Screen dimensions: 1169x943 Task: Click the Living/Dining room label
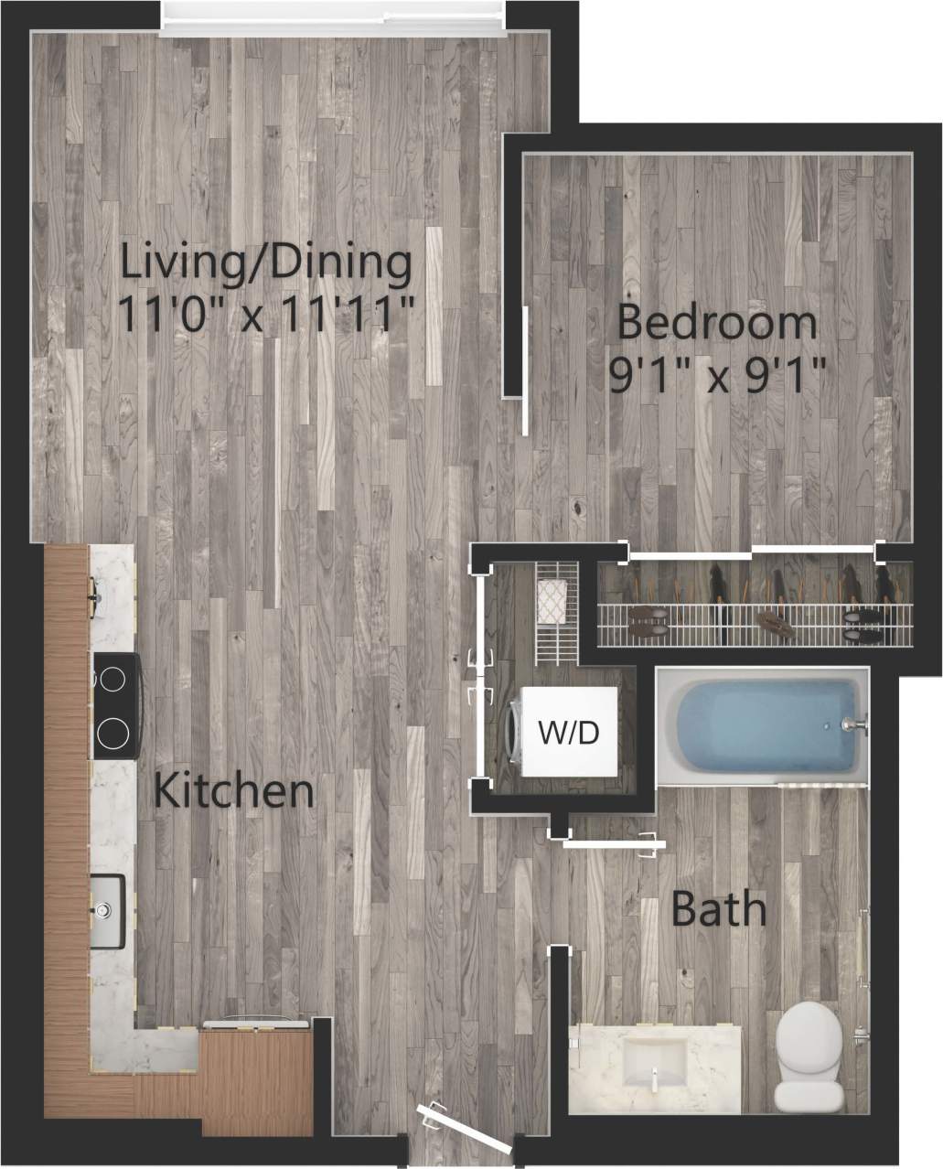(266, 263)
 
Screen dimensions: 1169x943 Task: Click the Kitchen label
(233, 790)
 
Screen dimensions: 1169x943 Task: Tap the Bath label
(718, 908)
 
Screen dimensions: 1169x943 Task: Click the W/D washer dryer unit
(567, 732)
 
